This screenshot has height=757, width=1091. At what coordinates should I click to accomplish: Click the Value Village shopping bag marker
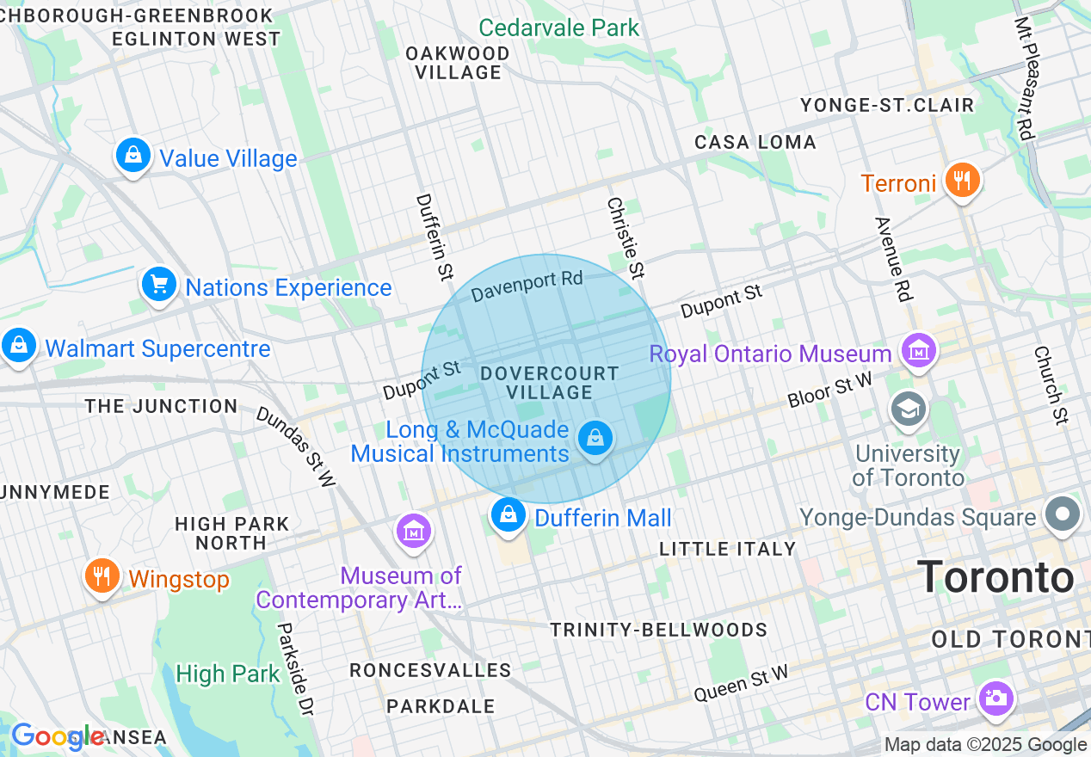133,156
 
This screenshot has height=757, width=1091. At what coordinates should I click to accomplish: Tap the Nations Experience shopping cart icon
159,284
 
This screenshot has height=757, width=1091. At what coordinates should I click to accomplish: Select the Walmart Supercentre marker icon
18,346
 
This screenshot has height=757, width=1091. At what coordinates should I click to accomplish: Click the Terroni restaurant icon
961,181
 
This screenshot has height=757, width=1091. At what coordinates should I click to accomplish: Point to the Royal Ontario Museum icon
919,351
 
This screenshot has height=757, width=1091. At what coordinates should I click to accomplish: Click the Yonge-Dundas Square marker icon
1063,514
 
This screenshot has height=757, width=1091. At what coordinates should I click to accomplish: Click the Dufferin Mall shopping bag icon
509,515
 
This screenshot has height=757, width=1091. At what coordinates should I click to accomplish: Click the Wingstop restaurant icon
102,576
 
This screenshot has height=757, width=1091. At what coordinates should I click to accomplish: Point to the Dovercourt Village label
549,383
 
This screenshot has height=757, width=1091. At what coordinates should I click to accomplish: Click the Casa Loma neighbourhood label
755,142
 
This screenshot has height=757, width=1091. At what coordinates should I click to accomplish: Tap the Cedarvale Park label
558,28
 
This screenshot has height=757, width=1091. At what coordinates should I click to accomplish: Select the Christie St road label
626,237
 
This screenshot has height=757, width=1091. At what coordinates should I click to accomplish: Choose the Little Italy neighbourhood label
727,549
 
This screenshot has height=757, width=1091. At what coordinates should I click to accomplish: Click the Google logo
57,736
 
